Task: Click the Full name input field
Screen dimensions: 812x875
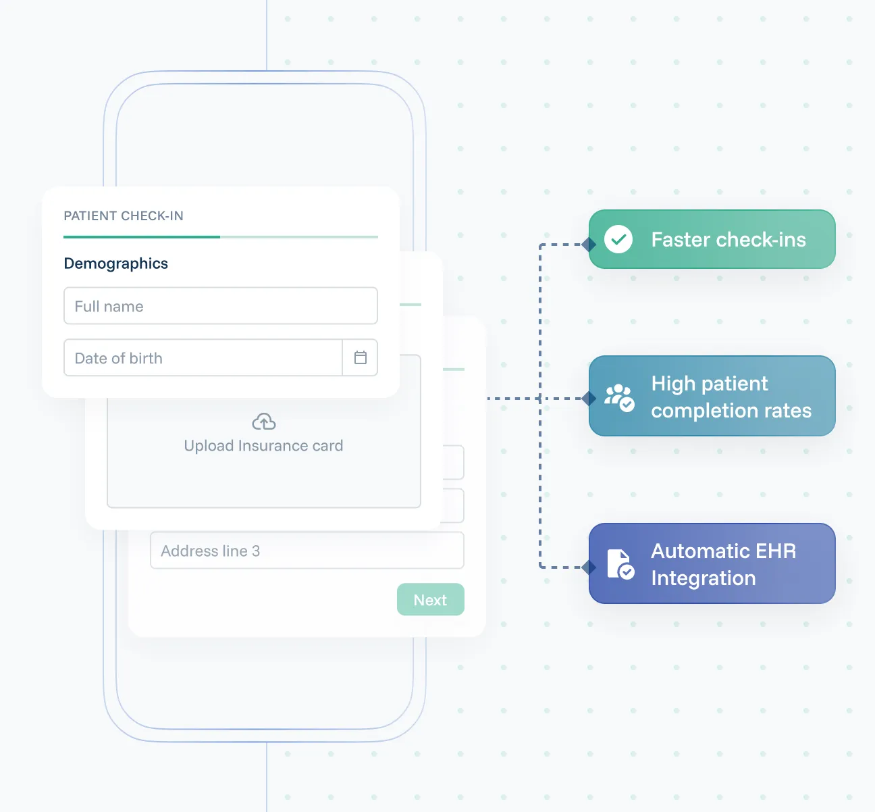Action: coord(220,306)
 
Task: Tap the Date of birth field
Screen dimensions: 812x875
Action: coord(203,358)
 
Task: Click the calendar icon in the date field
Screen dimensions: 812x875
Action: coord(361,358)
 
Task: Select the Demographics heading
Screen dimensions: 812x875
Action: coord(115,263)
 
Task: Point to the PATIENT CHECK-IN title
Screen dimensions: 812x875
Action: coord(124,216)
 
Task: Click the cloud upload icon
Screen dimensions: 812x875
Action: coord(263,422)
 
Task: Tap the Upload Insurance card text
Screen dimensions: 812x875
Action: coord(263,446)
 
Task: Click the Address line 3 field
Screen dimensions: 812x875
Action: coord(307,551)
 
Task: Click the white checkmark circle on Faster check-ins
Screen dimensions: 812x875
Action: coord(618,239)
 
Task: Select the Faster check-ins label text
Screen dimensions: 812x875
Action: coord(728,240)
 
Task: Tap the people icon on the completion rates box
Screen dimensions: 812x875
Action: coord(618,397)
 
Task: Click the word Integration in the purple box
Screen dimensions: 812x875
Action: coord(703,578)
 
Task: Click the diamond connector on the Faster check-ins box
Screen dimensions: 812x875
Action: coord(589,245)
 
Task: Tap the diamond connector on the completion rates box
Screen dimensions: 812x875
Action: coord(589,399)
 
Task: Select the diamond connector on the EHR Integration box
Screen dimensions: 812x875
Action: coord(589,567)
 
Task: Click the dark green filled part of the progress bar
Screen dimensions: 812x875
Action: coord(142,237)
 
